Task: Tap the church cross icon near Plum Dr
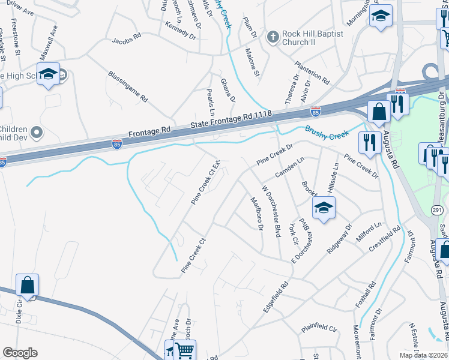point(273,37)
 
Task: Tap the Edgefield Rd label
point(276,296)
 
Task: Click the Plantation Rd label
point(312,72)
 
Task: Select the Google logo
point(20,353)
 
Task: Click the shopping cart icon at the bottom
point(186,349)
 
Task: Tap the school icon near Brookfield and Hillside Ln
point(323,208)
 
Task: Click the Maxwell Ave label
point(49,43)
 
